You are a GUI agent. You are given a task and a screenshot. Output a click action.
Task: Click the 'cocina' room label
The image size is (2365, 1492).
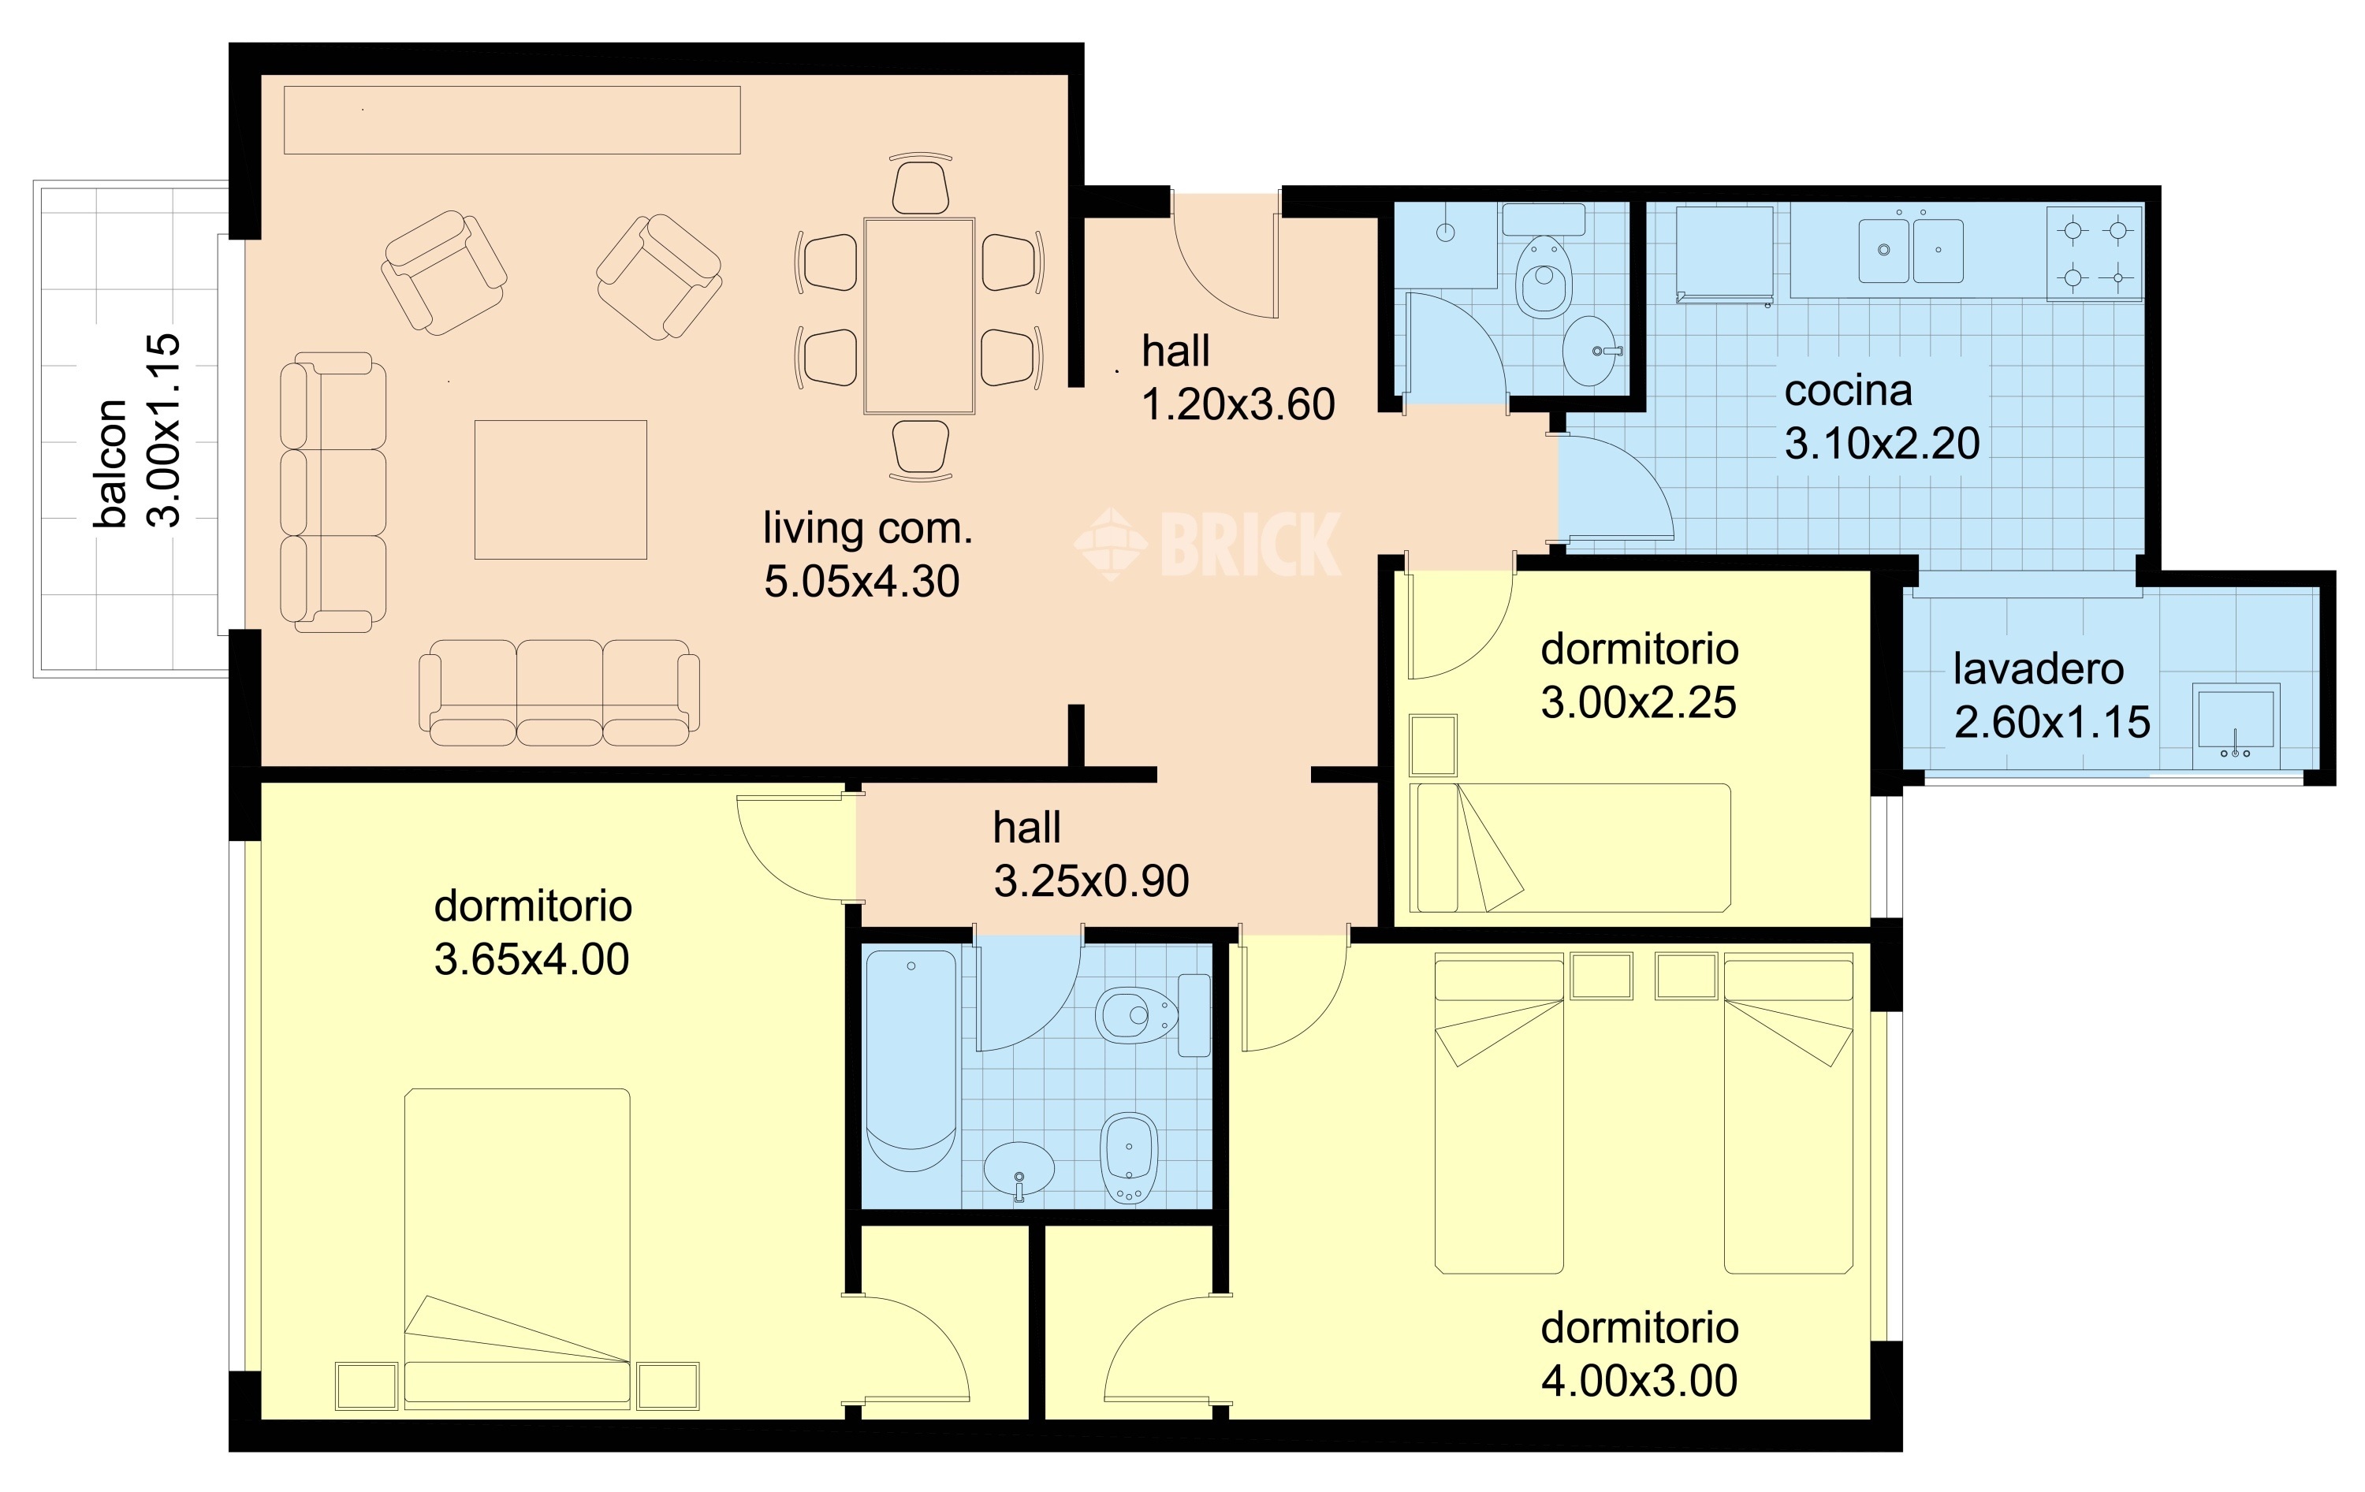click(1847, 392)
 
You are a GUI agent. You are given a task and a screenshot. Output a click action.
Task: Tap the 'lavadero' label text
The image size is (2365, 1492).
click(2038, 669)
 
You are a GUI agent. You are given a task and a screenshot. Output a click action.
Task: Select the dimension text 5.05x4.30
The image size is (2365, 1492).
click(862, 582)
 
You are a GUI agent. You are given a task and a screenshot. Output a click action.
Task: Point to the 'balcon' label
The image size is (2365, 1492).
click(111, 463)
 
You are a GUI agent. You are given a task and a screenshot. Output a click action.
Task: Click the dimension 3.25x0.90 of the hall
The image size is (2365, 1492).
click(1091, 881)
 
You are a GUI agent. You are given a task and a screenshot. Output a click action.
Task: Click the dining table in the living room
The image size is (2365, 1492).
click(919, 316)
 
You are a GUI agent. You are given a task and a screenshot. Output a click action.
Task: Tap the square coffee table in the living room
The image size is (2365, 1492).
click(561, 490)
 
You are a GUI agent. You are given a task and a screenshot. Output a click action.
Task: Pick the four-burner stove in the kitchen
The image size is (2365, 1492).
click(2095, 254)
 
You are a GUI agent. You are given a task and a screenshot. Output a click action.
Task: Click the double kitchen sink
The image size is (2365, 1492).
click(1911, 251)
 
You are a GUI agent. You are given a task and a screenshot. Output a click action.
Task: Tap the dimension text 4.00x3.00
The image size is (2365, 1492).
click(1639, 1381)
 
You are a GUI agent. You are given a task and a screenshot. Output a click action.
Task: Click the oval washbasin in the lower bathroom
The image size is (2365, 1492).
click(1019, 1169)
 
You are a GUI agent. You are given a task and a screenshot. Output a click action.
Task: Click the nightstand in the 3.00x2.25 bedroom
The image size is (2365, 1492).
click(1433, 746)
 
